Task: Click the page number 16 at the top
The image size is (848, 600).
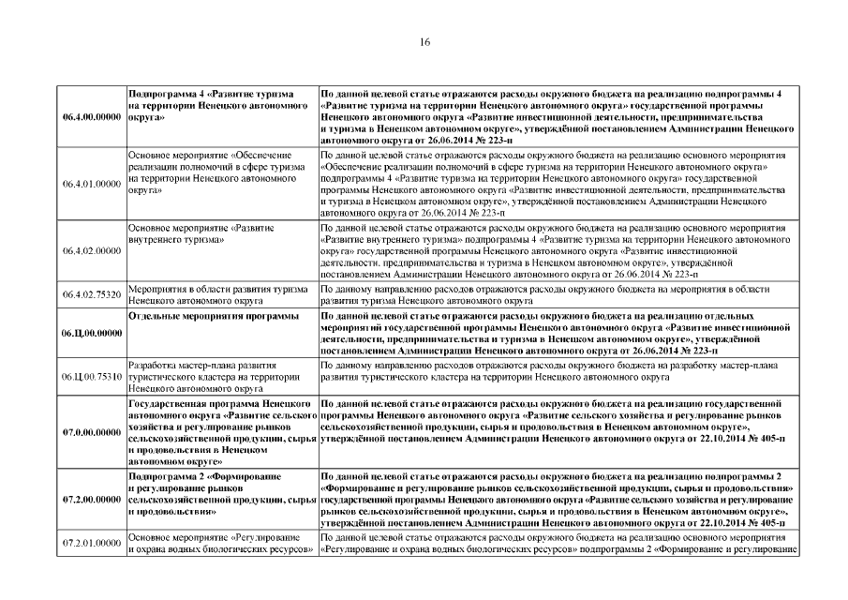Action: pyautogui.click(x=424, y=42)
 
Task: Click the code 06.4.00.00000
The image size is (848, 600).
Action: pyautogui.click(x=91, y=118)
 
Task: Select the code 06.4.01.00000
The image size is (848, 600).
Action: pyautogui.click(x=91, y=184)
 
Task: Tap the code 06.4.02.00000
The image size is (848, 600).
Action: pyautogui.click(x=91, y=250)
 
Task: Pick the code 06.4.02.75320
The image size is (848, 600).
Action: pyautogui.click(x=91, y=295)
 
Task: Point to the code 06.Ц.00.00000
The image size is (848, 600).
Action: pyautogui.click(x=91, y=334)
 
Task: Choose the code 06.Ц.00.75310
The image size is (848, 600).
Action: pyautogui.click(x=91, y=377)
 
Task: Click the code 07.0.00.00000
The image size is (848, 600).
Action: pyautogui.click(x=91, y=432)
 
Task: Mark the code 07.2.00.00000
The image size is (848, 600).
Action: pyautogui.click(x=91, y=501)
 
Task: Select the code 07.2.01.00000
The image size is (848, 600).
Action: pyautogui.click(x=91, y=543)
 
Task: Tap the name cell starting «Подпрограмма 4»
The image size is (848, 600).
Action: pyautogui.click(x=219, y=107)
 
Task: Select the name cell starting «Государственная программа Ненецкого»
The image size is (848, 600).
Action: pyautogui.click(x=221, y=432)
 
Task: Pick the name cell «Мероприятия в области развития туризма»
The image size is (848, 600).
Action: pyautogui.click(x=219, y=295)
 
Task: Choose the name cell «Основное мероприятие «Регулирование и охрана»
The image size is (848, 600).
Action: pyautogui.click(x=221, y=543)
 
